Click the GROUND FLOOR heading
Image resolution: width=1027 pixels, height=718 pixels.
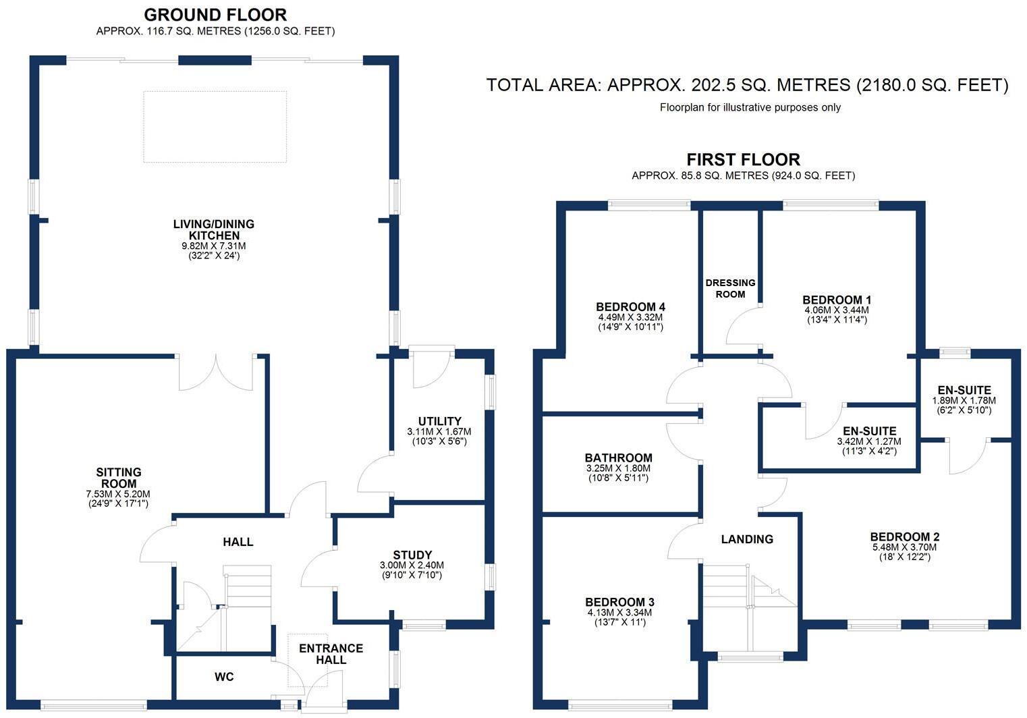215,14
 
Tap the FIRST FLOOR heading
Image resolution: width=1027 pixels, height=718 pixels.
743,160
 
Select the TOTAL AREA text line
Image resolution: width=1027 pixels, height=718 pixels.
747,85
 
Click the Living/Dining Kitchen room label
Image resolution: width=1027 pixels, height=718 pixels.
213,229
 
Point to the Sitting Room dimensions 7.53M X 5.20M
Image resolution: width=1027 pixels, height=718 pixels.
119,494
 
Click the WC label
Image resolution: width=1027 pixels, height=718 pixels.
224,677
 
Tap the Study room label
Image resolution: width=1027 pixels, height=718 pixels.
412,555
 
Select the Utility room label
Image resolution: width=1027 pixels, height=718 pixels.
439,421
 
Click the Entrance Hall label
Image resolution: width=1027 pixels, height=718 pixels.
331,654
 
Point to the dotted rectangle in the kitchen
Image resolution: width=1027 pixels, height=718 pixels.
215,127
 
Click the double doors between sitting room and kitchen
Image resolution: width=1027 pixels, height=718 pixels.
216,373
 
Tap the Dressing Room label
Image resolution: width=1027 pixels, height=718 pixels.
730,288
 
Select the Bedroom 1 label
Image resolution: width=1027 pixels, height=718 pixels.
837,300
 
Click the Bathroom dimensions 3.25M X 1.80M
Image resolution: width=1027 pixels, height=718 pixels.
619,468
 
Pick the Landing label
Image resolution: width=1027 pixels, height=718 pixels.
746,539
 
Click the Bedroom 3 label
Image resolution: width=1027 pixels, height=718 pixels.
619,602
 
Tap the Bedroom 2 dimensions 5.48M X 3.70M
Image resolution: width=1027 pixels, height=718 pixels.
905,548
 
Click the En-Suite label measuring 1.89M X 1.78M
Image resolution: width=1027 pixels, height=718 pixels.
964,390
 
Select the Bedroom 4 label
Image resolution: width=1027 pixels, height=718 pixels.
631,306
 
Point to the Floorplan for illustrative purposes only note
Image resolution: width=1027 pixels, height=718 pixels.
750,107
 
